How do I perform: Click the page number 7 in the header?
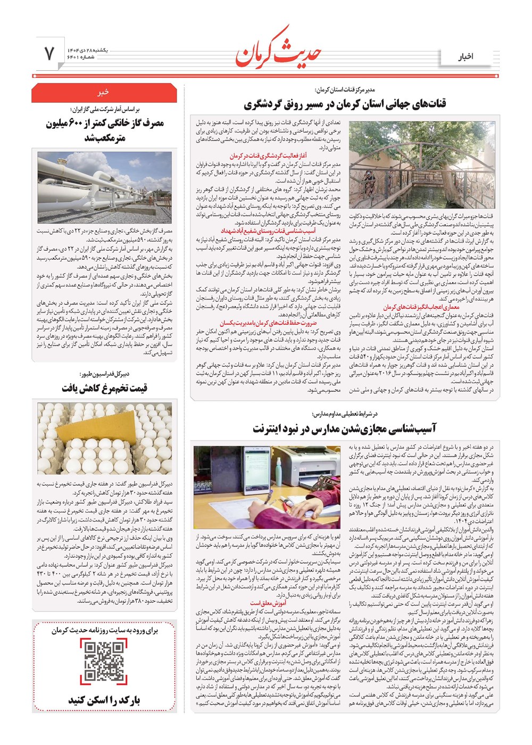pyautogui.click(x=49, y=53)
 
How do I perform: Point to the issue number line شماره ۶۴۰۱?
pyautogui.click(x=80, y=57)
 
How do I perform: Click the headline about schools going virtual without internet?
pyautogui.click(x=344, y=428)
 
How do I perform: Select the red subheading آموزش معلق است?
pyautogui.click(x=268, y=603)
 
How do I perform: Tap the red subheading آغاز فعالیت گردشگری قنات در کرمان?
pyautogui.click(x=268, y=156)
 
